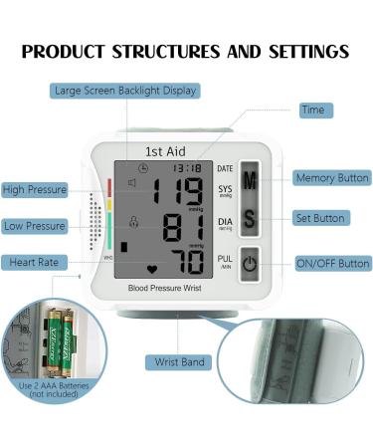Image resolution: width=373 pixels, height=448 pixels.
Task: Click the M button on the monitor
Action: coord(250,180)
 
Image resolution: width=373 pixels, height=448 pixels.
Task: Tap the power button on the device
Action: coord(250,265)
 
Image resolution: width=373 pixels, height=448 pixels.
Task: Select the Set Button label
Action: coord(320,218)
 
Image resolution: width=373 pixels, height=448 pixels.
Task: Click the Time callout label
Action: coord(312,110)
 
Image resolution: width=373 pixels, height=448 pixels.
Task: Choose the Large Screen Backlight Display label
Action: coord(125,91)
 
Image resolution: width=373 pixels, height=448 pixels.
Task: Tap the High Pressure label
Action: coord(35,189)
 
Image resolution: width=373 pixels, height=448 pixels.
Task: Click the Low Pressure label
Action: coord(35,225)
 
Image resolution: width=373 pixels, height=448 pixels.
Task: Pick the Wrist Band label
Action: coord(179,362)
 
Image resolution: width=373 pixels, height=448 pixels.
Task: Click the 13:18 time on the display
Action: coord(186,168)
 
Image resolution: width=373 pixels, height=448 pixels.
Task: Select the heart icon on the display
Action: coord(151,269)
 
